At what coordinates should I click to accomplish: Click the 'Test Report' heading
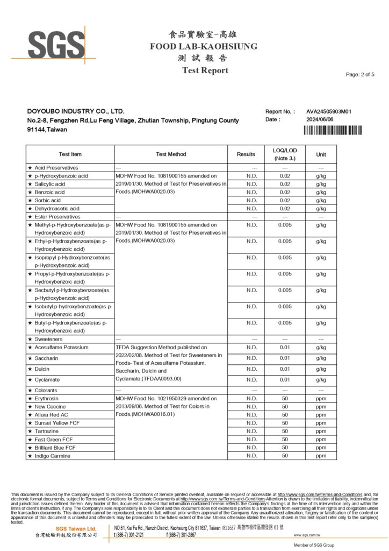click(x=205, y=70)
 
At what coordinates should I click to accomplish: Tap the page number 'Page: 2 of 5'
click(x=360, y=74)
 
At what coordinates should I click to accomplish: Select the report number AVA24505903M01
click(x=329, y=111)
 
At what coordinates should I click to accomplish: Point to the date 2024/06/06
click(x=320, y=119)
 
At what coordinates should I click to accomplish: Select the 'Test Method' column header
click(x=171, y=154)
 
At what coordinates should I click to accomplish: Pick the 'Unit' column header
click(x=321, y=154)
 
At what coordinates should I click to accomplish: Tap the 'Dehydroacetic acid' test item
click(x=57, y=208)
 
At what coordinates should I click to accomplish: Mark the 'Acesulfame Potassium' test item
click(x=61, y=348)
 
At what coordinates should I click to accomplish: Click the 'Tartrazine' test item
click(x=47, y=431)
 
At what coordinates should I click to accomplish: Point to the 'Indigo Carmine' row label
click(x=53, y=456)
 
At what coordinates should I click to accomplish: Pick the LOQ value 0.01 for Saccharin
click(x=285, y=358)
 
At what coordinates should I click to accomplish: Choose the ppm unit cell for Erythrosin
click(x=321, y=398)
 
